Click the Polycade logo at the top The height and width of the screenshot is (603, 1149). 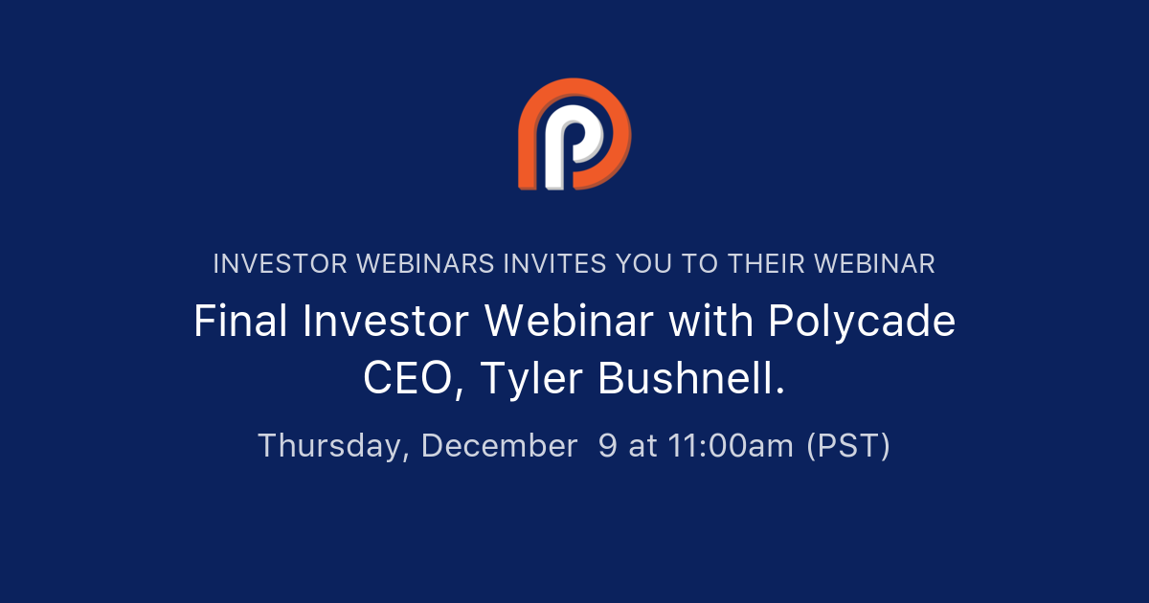point(574,134)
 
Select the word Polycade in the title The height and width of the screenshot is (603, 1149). point(862,322)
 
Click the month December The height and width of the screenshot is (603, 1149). point(499,446)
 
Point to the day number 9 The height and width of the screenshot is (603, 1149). point(608,446)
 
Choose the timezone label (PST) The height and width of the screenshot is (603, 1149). point(848,446)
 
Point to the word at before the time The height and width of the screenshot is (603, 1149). point(642,446)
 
